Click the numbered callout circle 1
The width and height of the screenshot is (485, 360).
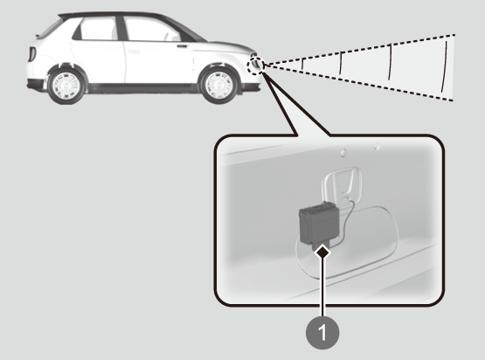coord(322,332)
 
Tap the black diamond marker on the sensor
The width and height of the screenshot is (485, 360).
coord(322,252)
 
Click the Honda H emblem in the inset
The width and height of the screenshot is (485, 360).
coord(343,185)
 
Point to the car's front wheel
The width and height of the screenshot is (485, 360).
coord(219,85)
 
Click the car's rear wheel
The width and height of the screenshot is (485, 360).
coord(66,85)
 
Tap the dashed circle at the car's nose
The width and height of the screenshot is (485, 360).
coord(255,66)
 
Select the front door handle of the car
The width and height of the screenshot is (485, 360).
coord(183,46)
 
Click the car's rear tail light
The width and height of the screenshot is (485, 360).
coord(31,54)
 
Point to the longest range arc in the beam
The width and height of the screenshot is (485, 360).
coord(445,66)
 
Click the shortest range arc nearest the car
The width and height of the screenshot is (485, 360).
coord(303,64)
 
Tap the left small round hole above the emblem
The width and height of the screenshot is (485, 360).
coord(343,152)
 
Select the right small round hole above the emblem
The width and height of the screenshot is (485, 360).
coord(377,146)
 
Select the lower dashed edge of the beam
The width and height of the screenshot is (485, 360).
coord(359,83)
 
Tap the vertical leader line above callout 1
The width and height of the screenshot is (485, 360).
coord(322,287)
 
